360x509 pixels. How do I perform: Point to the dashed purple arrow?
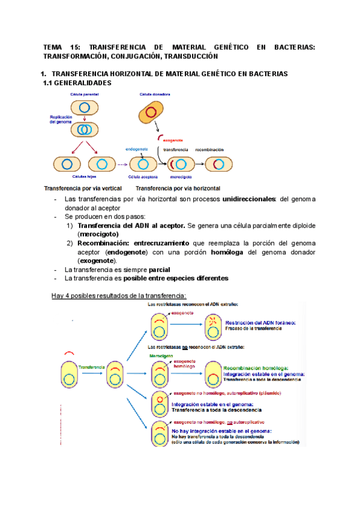[122, 164]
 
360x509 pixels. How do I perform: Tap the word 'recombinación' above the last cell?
[209, 149]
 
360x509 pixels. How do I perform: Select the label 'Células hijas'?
[84, 177]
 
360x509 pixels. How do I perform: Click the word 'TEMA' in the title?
[54, 47]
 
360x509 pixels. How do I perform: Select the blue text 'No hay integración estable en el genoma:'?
[222, 430]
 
